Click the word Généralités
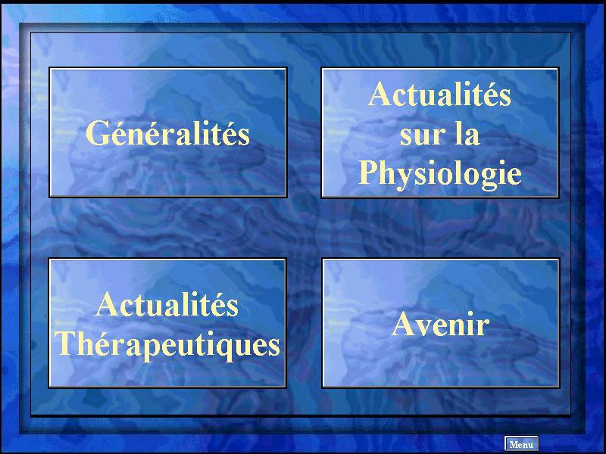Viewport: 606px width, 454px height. pyautogui.click(x=167, y=133)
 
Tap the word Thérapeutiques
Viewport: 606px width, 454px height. pyautogui.click(x=167, y=345)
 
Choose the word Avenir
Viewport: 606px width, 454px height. pyautogui.click(x=441, y=324)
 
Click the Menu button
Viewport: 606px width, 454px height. pyautogui.click(x=521, y=444)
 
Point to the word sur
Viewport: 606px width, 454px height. pyautogui.click(x=417, y=135)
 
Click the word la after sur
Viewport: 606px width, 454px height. pyautogui.click(x=467, y=133)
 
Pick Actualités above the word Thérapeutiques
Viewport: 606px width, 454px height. pyautogui.click(x=167, y=304)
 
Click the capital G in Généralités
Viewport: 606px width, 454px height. pyautogui.click(x=98, y=133)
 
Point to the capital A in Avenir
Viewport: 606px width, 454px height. pyautogui.click(x=404, y=324)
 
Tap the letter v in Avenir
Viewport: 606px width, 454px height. pyautogui.click(x=425, y=328)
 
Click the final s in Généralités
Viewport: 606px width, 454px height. pyautogui.click(x=244, y=138)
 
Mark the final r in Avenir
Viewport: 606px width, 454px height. pyautogui.click(x=483, y=327)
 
